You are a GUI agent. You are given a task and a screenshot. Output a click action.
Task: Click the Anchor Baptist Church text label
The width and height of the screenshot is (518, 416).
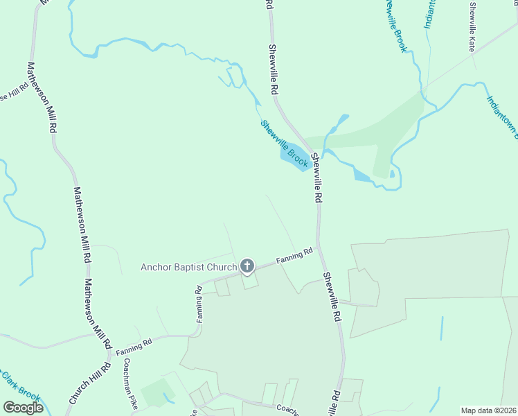click(x=188, y=267)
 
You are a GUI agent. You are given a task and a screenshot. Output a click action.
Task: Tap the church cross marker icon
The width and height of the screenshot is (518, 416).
click(x=247, y=266)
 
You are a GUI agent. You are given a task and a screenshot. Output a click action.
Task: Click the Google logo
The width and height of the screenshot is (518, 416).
click(x=24, y=408)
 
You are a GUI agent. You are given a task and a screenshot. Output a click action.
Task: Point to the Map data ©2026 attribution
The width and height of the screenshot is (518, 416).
click(x=488, y=410)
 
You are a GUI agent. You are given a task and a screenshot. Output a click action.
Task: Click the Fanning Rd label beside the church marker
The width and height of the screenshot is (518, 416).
click(x=294, y=257)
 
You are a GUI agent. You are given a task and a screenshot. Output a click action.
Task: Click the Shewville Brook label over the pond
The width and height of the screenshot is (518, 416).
click(x=284, y=144)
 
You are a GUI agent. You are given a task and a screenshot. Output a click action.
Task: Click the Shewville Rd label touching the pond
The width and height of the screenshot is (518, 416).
click(x=316, y=177)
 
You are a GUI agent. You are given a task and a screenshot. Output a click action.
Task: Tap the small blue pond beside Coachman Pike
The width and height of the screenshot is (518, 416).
click(x=166, y=399)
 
